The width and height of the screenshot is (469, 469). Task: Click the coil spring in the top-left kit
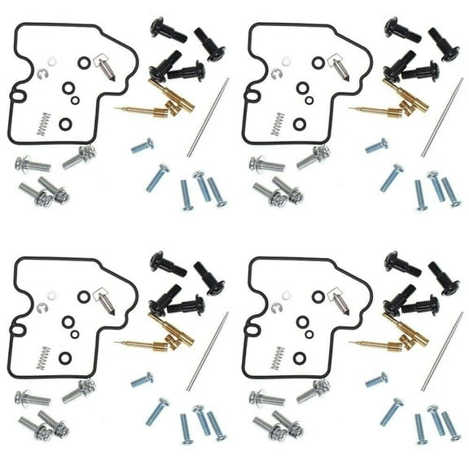pos(37,125)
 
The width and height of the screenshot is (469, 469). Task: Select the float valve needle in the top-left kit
pos(104,66)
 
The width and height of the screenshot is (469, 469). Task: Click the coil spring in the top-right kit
pos(277,125)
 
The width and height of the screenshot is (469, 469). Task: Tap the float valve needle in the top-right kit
pos(339,66)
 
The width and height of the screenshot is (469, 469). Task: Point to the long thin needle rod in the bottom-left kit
pos(208,351)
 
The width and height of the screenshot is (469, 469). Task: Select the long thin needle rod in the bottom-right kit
pos(441,351)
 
